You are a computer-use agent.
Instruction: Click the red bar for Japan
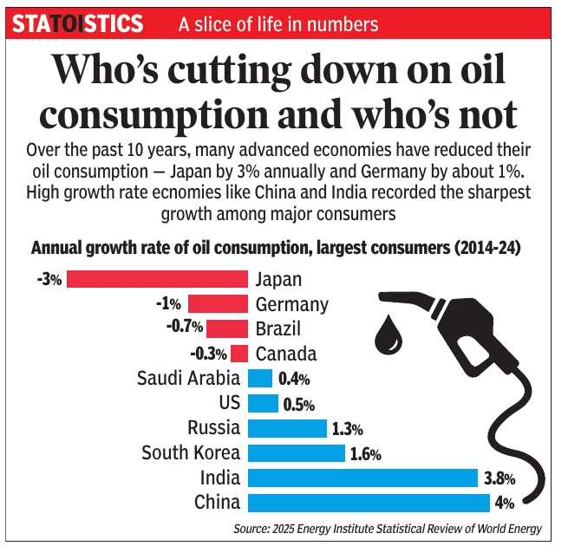pos(157,279)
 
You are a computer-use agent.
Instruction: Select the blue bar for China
pos(369,503)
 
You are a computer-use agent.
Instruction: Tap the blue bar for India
pos(362,478)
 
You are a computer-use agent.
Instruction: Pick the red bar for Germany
pos(218,304)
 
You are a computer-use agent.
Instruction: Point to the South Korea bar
pos(296,452)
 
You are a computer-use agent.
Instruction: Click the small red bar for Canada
pos(239,354)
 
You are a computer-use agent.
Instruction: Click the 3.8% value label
pos(500,478)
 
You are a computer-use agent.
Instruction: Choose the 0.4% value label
pos(293,379)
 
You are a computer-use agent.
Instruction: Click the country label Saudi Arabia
pos(189,379)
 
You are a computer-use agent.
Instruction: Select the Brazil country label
pos(278,328)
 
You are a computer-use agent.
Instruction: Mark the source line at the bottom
pos(388,528)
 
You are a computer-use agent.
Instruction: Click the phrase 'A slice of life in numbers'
pos(277,23)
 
